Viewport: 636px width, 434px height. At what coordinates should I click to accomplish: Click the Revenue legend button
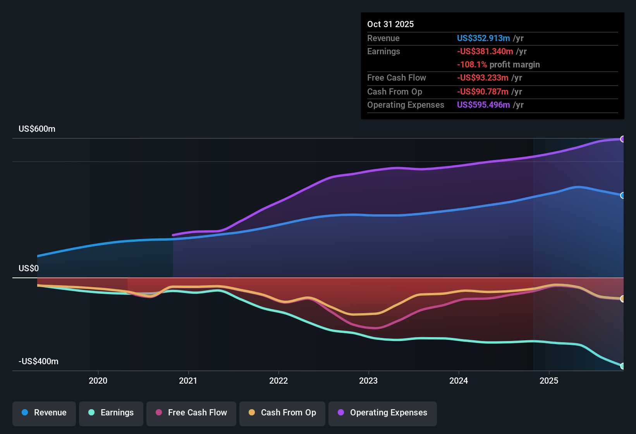[x=44, y=413]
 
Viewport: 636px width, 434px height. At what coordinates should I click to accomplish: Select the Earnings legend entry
[x=111, y=413]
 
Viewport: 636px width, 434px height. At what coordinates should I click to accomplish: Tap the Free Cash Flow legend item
[x=191, y=413]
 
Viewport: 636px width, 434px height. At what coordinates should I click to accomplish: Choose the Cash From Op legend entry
[x=282, y=413]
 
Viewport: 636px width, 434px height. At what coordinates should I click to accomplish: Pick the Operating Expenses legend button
[x=383, y=413]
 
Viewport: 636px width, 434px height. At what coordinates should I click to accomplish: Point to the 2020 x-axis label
[x=98, y=381]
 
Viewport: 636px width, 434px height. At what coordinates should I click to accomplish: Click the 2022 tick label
[x=278, y=381]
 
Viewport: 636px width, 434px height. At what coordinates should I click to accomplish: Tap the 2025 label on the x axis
[x=549, y=381]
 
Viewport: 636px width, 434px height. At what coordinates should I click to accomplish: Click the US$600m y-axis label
[x=37, y=129]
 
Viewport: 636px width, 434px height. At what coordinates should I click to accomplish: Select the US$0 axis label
[x=29, y=269]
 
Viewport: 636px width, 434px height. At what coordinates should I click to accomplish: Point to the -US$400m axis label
[x=38, y=362]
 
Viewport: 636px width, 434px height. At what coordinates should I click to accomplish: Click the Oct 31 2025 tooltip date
[x=390, y=24]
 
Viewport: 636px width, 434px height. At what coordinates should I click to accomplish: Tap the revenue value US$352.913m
[x=483, y=38]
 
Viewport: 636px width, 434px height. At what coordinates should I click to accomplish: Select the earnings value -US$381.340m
[x=485, y=51]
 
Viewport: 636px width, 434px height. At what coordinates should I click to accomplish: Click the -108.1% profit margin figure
[x=472, y=65]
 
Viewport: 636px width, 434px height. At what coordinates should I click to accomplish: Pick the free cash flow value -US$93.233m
[x=482, y=77]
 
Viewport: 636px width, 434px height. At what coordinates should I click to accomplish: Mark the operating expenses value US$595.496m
[x=483, y=105]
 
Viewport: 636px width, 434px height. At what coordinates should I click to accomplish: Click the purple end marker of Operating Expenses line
[x=622, y=139]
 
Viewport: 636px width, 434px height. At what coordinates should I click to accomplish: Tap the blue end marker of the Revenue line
[x=622, y=195]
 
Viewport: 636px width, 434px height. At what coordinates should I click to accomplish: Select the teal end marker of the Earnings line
[x=622, y=366]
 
